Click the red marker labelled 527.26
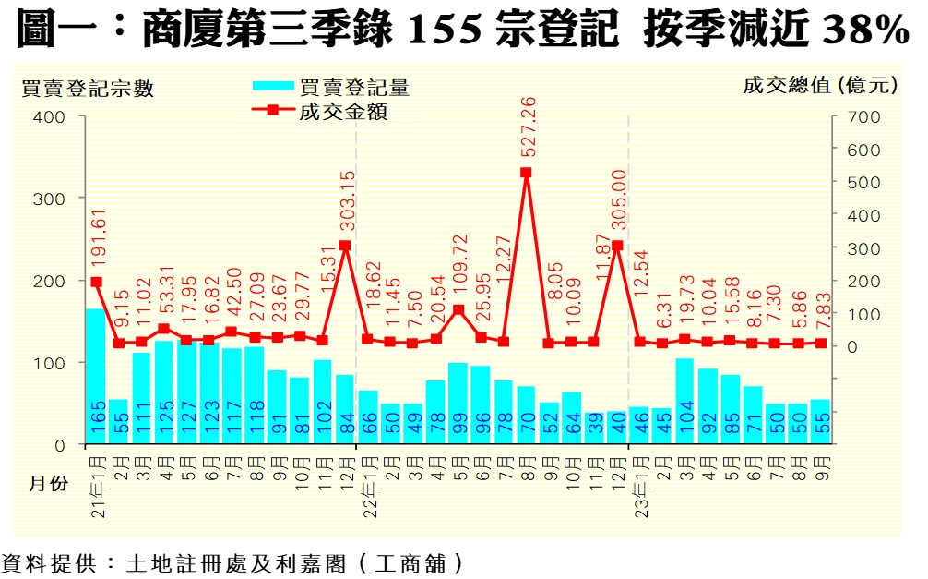pyautogui.click(x=526, y=173)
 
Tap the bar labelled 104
pyautogui.click(x=684, y=402)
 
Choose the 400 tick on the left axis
pyautogui.click(x=49, y=117)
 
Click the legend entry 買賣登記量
pyautogui.click(x=354, y=88)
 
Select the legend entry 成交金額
pyautogui.click(x=342, y=112)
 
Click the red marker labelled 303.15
pyautogui.click(x=345, y=246)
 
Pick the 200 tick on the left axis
pyautogui.click(x=49, y=281)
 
